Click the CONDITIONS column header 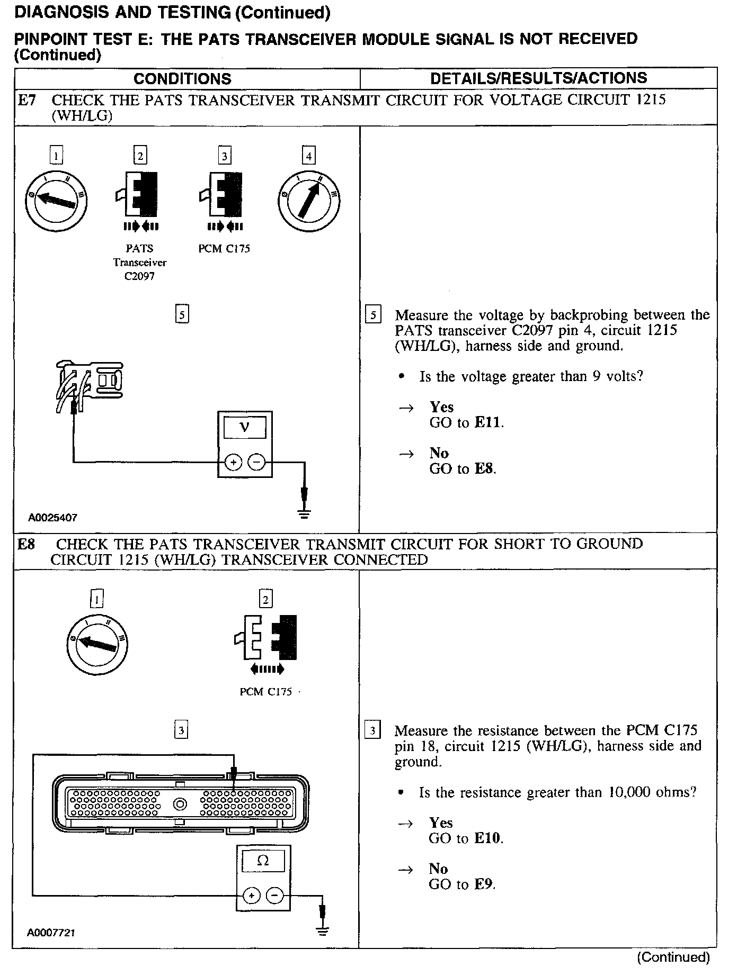(182, 79)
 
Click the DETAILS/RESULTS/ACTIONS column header (538, 78)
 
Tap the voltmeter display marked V (244, 427)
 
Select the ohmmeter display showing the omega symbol (263, 861)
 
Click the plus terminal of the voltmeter (232, 463)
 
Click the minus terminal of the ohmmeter (275, 896)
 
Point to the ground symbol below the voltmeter (304, 512)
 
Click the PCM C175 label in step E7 (224, 248)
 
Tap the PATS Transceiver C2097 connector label (140, 262)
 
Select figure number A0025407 (52, 518)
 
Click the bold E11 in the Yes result (488, 422)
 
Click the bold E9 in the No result (484, 884)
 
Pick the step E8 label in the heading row (26, 544)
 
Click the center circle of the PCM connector (180, 805)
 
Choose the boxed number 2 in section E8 (265, 599)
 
